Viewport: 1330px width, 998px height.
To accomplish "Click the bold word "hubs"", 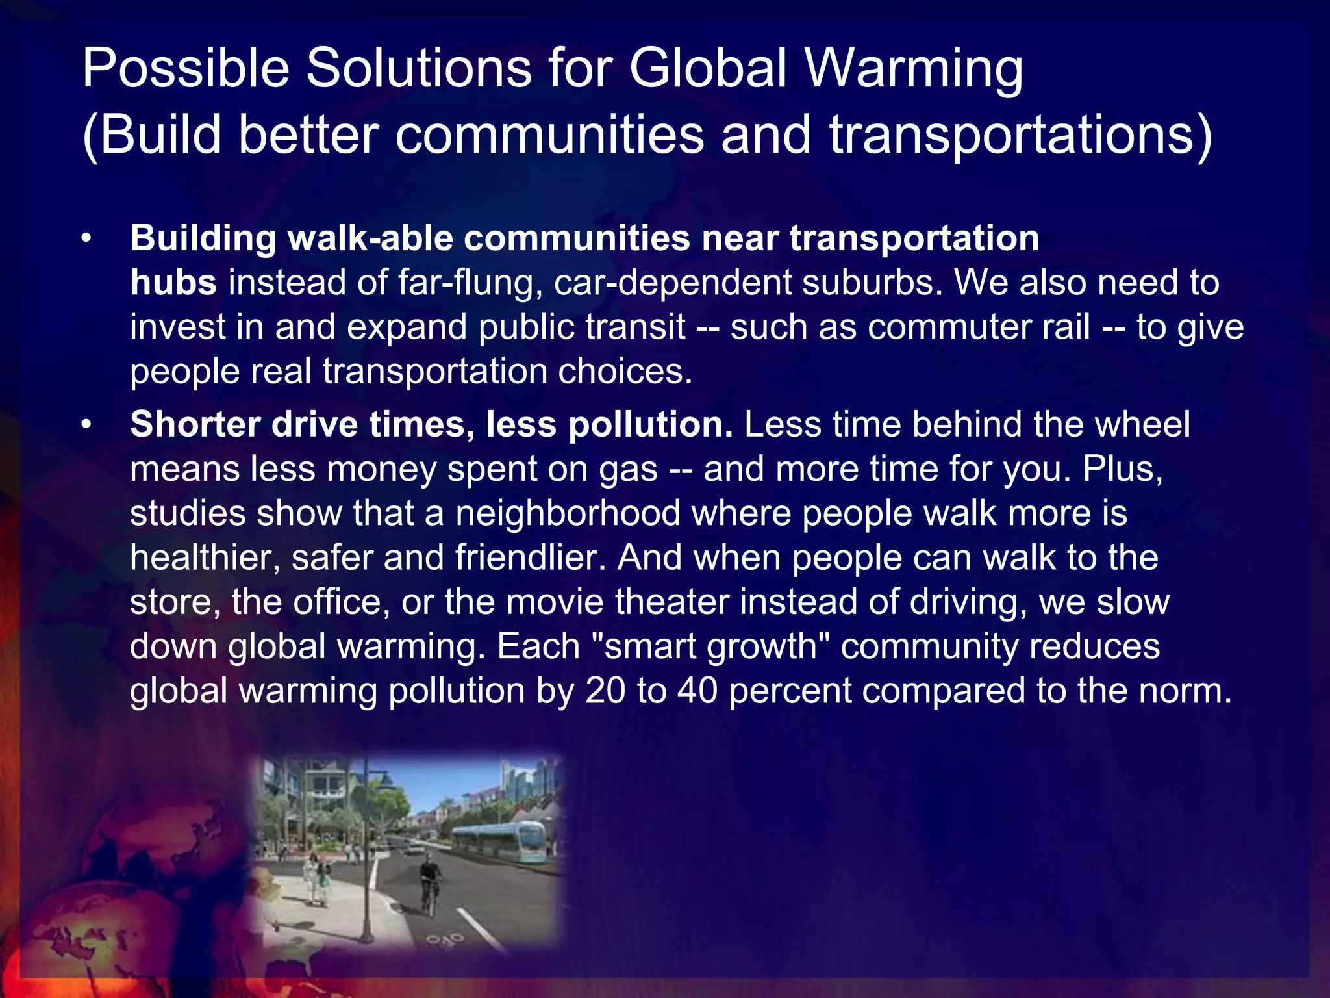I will tap(173, 283).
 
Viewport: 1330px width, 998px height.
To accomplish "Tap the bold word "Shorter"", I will tap(195, 424).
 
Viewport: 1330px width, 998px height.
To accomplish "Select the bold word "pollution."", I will tap(650, 424).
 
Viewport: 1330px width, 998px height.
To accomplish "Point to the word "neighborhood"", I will tap(568, 513).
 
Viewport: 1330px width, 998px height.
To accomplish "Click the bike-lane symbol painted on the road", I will tap(445, 940).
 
